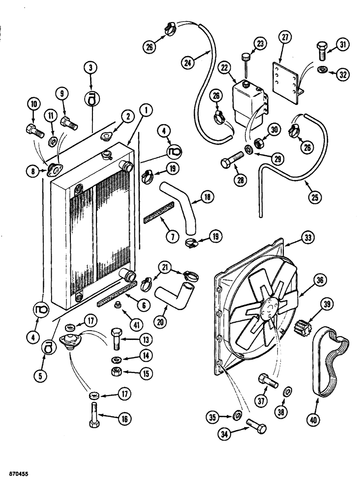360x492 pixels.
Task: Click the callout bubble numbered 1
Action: pos(145,111)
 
